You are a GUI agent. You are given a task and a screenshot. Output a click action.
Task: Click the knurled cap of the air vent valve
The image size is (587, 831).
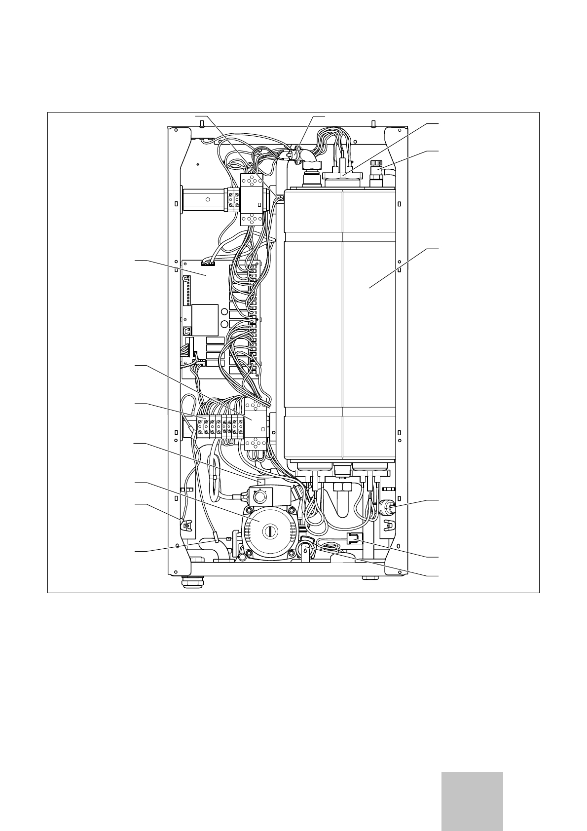(x=377, y=163)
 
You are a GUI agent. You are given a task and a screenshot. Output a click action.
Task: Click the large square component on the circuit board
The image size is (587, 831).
(x=205, y=320)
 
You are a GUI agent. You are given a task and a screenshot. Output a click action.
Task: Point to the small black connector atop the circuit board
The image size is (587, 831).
(x=209, y=263)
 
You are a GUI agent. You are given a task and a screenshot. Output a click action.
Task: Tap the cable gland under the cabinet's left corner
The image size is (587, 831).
(x=188, y=583)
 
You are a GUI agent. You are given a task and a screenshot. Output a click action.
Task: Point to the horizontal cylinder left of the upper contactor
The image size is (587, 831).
(x=203, y=200)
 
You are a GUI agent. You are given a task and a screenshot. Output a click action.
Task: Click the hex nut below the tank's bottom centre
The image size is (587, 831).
(x=341, y=488)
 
